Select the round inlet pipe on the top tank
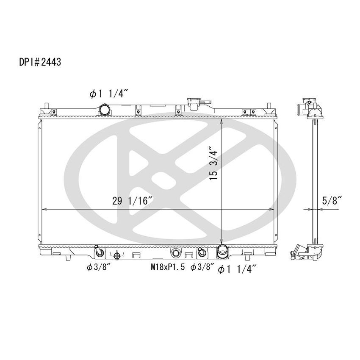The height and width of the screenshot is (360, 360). point(105,110)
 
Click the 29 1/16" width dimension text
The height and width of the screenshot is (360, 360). point(133,202)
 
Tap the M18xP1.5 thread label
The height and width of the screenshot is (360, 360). point(168,267)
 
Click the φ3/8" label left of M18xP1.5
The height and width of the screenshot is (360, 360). point(98,267)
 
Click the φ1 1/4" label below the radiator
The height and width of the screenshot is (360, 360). point(238,268)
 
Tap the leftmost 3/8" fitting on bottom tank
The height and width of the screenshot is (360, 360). point(99,252)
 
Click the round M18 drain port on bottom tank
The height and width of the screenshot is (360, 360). point(176,253)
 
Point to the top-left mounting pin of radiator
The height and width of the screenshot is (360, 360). point(46,105)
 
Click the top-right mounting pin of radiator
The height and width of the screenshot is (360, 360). point(269,105)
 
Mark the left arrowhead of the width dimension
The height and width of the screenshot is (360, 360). point(42,209)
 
